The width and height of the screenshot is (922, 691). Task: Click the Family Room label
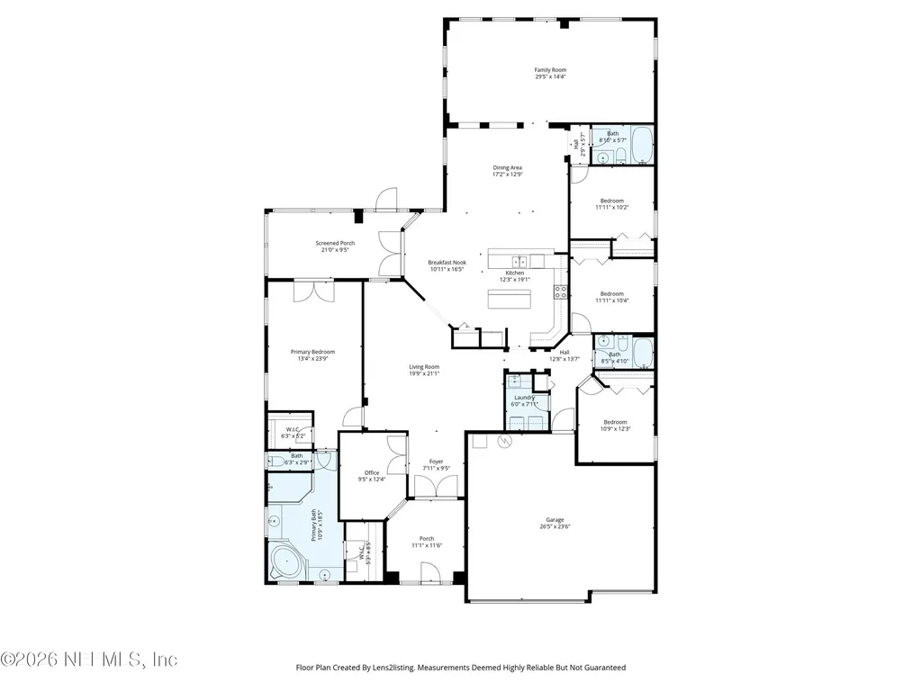[x=550, y=69]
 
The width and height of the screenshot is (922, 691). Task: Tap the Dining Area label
[x=507, y=167]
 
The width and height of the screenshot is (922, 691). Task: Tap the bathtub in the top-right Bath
[x=642, y=146]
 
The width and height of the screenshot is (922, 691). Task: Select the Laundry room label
[x=525, y=397]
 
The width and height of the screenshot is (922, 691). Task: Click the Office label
[x=372, y=472]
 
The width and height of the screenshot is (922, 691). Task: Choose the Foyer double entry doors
[x=437, y=487]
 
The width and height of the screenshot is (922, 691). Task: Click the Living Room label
[x=424, y=366]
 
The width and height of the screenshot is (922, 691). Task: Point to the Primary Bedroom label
[x=312, y=352]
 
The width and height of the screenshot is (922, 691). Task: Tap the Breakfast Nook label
[x=446, y=263]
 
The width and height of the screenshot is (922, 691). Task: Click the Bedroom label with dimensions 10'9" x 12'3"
[x=616, y=422]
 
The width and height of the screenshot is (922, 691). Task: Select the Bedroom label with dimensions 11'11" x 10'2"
[x=612, y=201]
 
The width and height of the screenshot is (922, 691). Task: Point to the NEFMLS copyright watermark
[x=90, y=660]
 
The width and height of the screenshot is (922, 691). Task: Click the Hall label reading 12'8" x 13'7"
[x=565, y=353]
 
